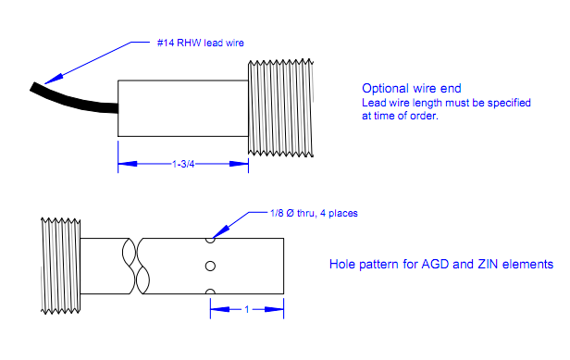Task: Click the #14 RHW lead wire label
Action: point(200,43)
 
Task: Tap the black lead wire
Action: point(73,101)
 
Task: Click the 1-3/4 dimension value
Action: point(183,165)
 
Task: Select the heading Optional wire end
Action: point(412,88)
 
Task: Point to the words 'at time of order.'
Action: point(401,116)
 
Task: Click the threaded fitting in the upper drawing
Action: point(280,108)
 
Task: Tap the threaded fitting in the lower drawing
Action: point(60,266)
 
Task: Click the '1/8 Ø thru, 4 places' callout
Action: point(314,213)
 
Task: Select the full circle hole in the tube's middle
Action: point(210,267)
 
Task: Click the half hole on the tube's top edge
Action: point(210,241)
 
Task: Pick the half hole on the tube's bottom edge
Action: point(210,292)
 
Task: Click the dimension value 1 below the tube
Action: point(247,309)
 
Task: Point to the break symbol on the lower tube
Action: point(136,266)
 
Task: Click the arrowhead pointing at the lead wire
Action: point(54,79)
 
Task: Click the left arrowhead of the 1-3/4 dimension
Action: point(128,164)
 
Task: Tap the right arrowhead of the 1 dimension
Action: point(274,309)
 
